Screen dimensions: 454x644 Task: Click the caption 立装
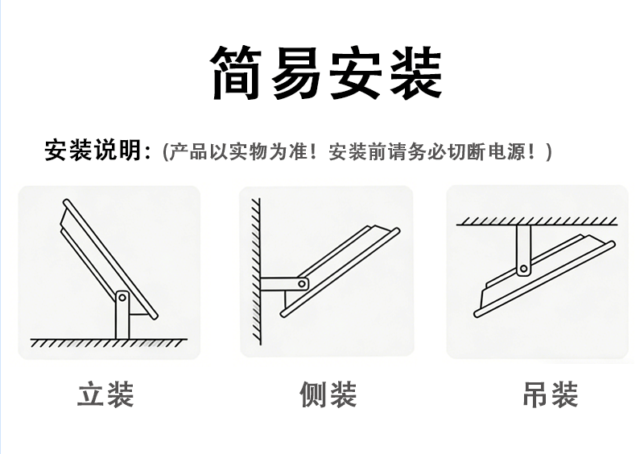pos(105,395)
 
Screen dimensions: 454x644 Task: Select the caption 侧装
pos(328,395)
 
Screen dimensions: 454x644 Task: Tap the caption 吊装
pos(550,395)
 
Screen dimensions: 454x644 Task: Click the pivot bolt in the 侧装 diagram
pos(303,283)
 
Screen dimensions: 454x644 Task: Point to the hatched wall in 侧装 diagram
pos(254,274)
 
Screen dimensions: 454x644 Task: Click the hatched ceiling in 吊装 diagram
pos(538,220)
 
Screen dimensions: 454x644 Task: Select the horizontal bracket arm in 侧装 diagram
pos(282,284)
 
